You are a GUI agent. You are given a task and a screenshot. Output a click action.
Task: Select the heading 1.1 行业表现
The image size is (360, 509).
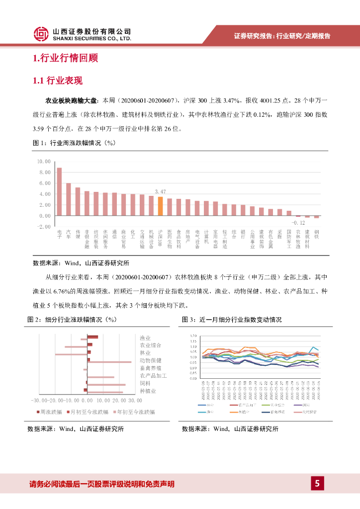(x=57, y=81)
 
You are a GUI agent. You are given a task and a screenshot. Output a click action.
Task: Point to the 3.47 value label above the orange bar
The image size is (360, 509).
(x=160, y=191)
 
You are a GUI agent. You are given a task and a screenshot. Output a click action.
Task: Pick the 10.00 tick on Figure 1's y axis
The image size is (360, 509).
(x=45, y=162)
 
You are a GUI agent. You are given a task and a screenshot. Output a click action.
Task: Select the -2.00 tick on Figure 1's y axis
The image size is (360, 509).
(x=45, y=227)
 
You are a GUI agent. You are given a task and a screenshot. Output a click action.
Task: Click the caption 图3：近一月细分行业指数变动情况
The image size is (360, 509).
(x=232, y=320)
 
